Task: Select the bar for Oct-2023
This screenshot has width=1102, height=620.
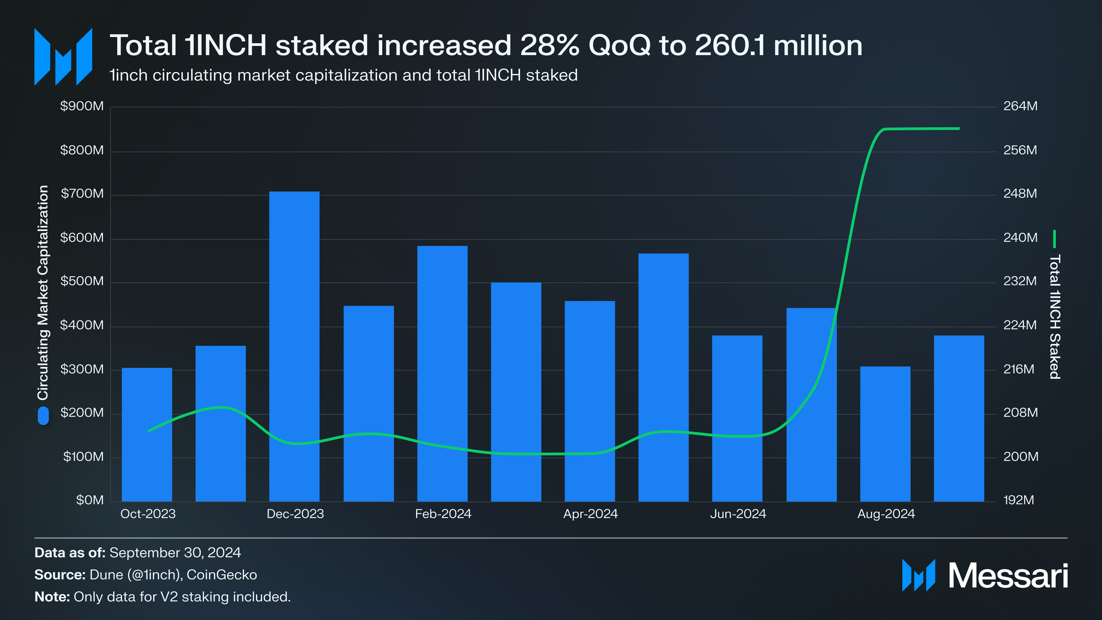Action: tap(147, 434)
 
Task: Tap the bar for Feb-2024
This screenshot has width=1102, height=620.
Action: tap(442, 373)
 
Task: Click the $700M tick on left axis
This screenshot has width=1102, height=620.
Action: tap(82, 194)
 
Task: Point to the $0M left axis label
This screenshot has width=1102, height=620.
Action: tap(90, 500)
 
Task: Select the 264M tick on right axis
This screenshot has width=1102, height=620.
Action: tap(1020, 107)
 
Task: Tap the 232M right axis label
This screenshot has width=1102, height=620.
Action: tap(1020, 281)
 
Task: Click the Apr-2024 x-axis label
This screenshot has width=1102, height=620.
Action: tap(590, 514)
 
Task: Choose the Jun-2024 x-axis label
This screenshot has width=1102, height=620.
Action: tap(738, 514)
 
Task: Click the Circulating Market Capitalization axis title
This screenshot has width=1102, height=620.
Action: tap(43, 292)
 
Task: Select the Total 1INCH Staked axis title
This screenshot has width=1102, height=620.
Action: tap(1054, 316)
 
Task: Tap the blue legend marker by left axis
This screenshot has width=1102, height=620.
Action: tap(43, 416)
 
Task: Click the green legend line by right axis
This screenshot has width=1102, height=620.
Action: tap(1054, 239)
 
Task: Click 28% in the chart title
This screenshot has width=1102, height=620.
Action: tap(550, 45)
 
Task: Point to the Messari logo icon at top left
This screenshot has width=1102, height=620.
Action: tap(63, 57)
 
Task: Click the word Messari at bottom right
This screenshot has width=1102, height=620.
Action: tap(1008, 576)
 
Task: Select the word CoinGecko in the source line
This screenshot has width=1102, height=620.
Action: tap(221, 575)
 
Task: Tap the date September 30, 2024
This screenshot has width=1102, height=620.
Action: tap(175, 553)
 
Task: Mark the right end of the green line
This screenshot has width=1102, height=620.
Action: tap(959, 129)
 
